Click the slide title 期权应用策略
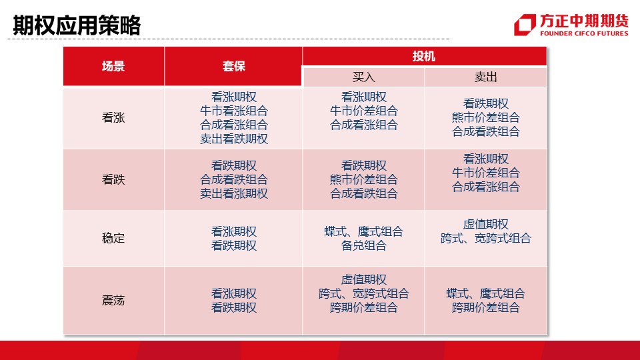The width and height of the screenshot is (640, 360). coord(77,25)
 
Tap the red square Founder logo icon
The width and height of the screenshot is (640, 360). coord(525,25)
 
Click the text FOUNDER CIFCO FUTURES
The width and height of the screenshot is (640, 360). coord(584,33)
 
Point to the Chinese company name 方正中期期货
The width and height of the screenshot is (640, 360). coord(584,21)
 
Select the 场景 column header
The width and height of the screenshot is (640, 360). coord(113,66)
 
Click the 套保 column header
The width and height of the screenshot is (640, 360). coord(233,66)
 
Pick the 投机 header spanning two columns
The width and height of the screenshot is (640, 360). coord(425,56)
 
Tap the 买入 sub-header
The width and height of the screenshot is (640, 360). coord(364,77)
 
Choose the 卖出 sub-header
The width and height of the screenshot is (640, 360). coord(486,77)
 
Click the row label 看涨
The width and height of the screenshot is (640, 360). coord(113,117)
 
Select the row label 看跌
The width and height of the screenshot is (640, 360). coord(113,179)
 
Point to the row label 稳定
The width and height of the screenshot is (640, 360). coord(113,238)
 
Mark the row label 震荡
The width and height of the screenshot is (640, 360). coord(113,301)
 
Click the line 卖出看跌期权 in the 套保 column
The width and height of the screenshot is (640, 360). coord(234,139)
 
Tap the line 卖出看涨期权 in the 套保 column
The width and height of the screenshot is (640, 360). coord(234,193)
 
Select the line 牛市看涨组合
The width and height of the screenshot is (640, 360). coord(234,111)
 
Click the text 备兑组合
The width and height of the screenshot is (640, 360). coord(364,245)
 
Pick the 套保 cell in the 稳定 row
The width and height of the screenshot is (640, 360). coord(233,239)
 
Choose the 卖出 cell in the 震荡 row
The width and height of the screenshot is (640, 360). coord(486,301)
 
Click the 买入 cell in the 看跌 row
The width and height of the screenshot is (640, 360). coord(364,179)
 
